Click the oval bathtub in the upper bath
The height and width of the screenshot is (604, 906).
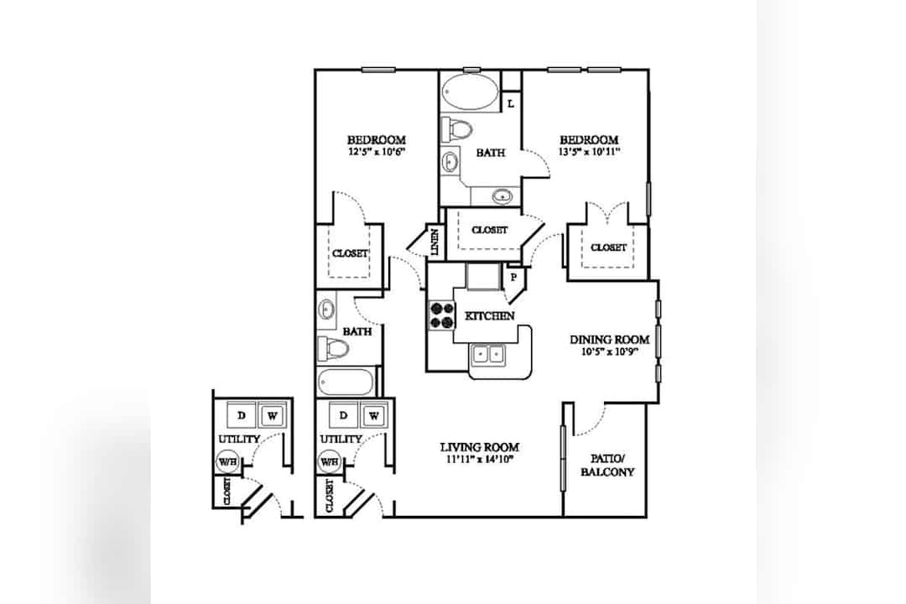point(470,92)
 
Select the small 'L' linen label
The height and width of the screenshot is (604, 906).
point(511,104)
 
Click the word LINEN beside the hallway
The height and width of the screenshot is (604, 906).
point(435,242)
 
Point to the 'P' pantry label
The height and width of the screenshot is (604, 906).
point(513,277)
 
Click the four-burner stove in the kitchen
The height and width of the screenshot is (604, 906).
point(441,315)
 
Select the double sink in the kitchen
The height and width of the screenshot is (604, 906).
point(488,354)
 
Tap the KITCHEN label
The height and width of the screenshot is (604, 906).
point(489,316)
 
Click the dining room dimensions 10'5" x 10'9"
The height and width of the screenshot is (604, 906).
point(609,351)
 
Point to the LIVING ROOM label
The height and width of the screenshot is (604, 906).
point(480,447)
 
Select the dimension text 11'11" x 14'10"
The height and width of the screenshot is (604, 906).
point(480,460)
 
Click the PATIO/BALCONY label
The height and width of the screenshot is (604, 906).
point(607,466)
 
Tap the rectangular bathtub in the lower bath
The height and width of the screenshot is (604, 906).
point(346,382)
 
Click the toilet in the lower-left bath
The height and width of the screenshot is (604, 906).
point(333,348)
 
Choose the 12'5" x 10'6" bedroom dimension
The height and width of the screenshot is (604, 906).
point(376,152)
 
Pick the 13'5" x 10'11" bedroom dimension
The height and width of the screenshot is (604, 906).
point(589,152)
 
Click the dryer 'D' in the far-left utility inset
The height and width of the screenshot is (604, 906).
point(242,415)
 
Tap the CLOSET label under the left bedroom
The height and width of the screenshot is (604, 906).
point(350,253)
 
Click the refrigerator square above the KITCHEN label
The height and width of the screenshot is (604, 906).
point(483,276)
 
